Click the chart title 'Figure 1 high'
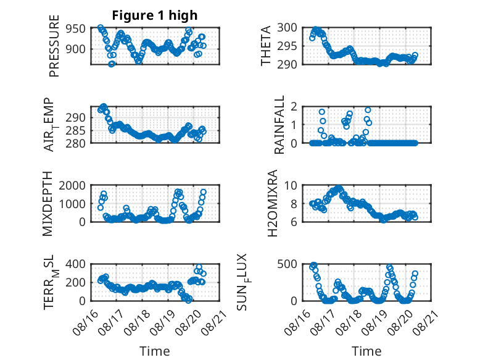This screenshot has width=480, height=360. click(x=155, y=15)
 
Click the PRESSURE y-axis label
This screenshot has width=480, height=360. click(x=54, y=46)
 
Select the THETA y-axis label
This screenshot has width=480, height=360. click(x=266, y=46)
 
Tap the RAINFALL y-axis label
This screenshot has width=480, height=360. click(x=279, y=125)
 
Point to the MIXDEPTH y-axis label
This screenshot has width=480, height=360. click(x=48, y=204)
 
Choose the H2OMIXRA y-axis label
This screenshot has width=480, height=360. click(x=272, y=203)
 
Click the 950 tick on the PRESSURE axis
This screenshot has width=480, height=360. click(x=75, y=29)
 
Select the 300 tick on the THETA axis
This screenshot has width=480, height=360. click(x=287, y=28)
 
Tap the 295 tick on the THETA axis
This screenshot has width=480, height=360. click(x=287, y=46)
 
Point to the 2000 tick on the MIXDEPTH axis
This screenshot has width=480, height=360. click(x=72, y=185)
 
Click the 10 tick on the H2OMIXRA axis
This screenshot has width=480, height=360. click(x=291, y=185)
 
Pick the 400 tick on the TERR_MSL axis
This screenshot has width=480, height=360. click(x=75, y=264)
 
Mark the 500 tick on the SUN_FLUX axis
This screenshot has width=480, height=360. click(x=287, y=264)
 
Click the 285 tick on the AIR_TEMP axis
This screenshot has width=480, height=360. click(x=75, y=131)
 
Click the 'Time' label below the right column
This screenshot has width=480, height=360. click(x=366, y=351)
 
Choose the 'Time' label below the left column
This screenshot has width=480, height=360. click(x=155, y=351)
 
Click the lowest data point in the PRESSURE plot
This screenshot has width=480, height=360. click(x=112, y=64)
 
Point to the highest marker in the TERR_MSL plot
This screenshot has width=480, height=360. click(x=199, y=267)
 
